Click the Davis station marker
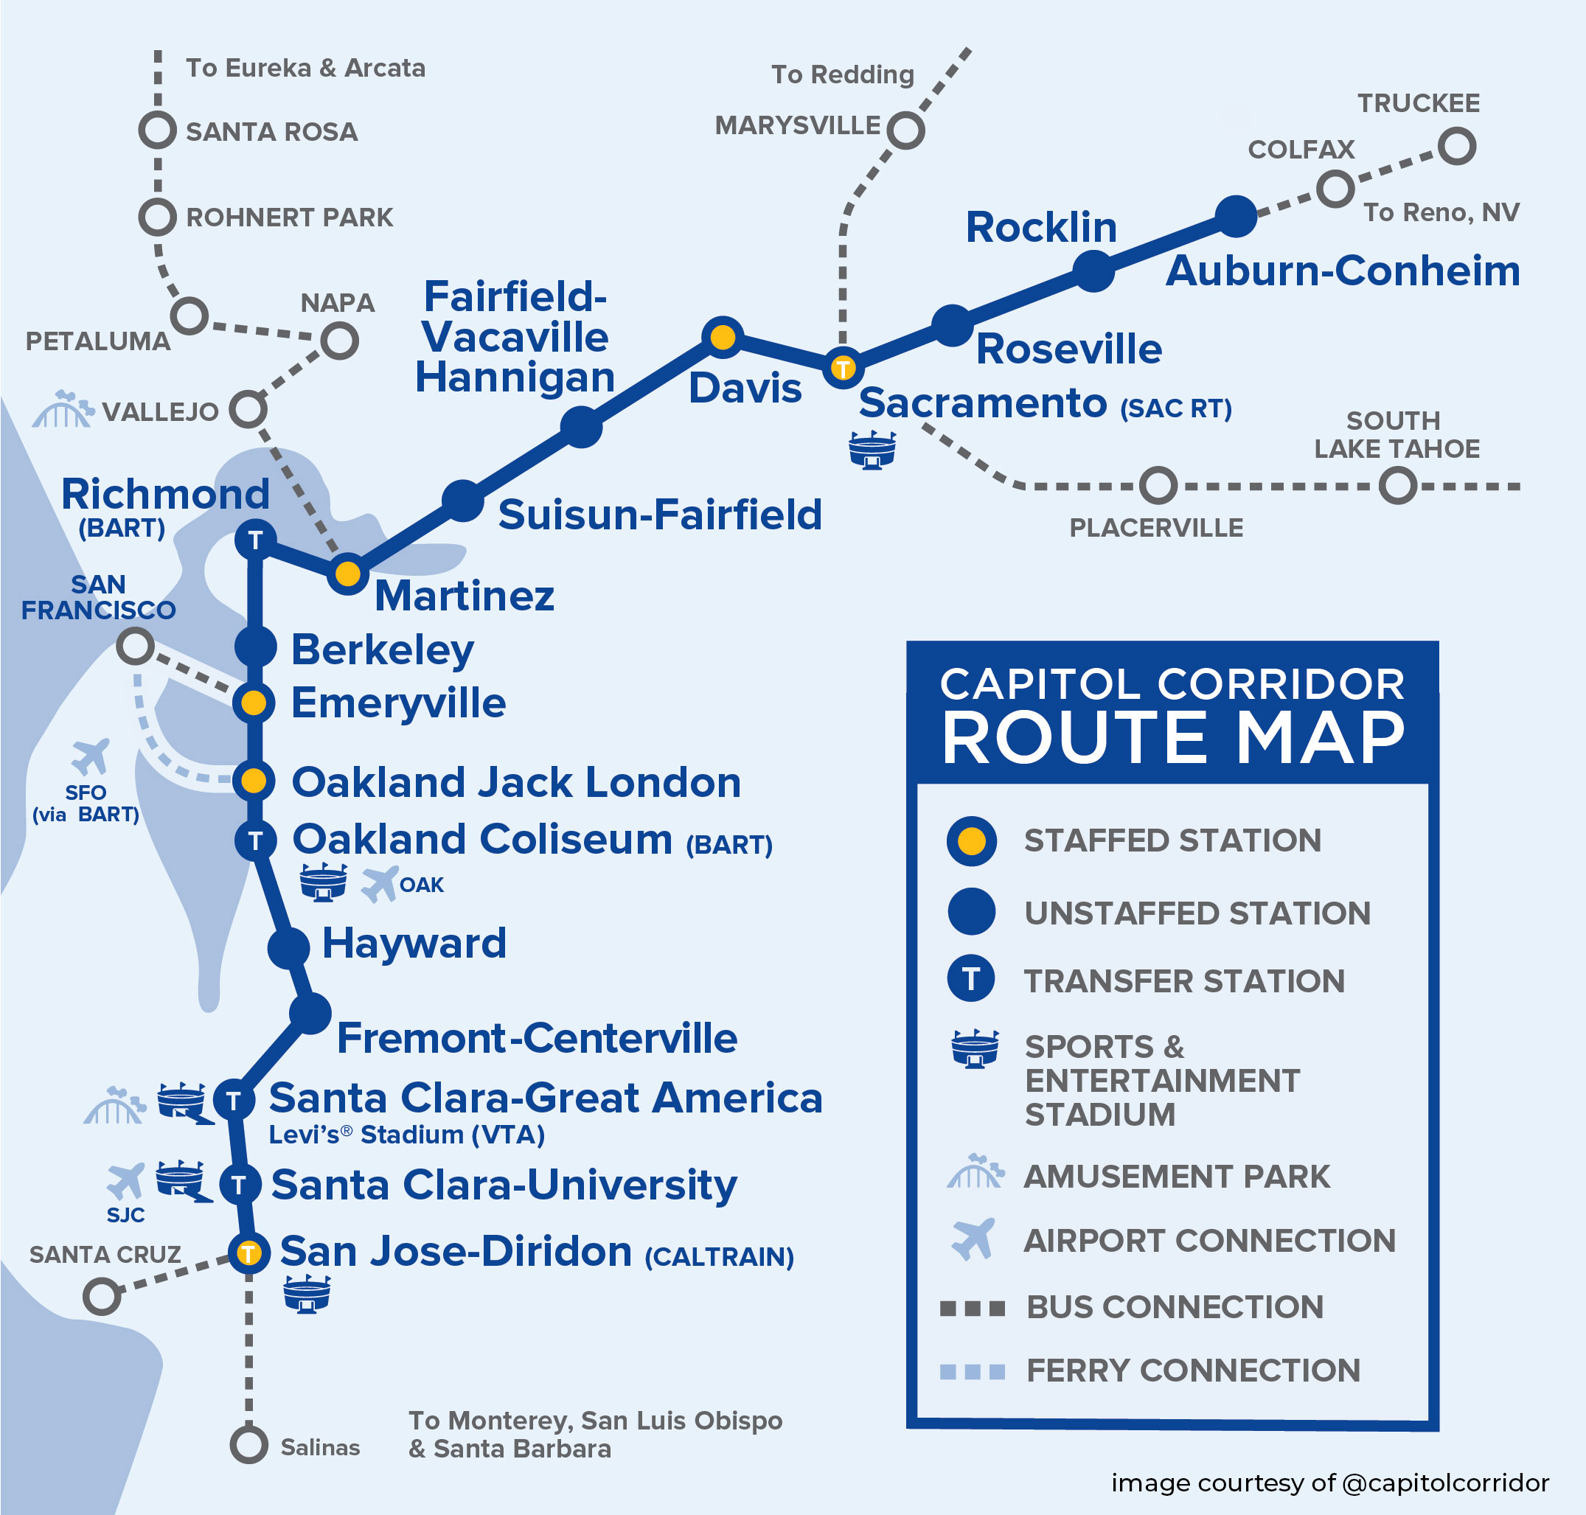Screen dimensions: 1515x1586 [x=722, y=337]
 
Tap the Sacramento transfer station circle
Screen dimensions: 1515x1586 [x=842, y=369]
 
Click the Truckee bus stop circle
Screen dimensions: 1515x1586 [x=1456, y=147]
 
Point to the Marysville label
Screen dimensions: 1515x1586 [x=797, y=126]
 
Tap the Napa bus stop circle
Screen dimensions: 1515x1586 [x=339, y=341]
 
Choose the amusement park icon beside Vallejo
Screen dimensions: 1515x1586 [x=61, y=409]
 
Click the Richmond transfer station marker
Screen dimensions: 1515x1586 [x=255, y=540]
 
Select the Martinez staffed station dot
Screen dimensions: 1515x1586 [x=347, y=574]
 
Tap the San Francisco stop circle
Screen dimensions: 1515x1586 [x=135, y=646]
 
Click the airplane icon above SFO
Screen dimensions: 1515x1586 [x=90, y=756]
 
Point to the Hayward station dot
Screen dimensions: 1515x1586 [x=288, y=947]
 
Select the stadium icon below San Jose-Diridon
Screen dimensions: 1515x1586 [x=307, y=1295]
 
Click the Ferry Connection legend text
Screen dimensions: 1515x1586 [x=1193, y=1371]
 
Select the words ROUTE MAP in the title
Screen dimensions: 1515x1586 [x=1172, y=738]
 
